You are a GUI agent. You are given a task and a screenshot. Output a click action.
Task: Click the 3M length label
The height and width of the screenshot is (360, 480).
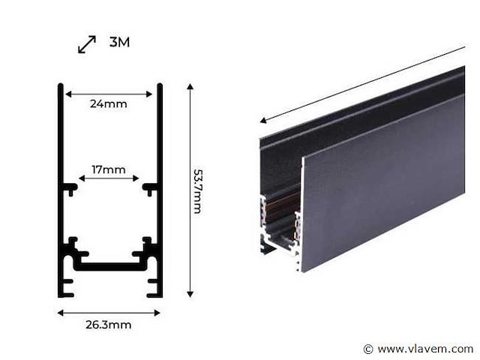(119, 42)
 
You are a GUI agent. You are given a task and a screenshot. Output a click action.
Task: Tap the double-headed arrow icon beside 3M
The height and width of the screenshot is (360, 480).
(87, 44)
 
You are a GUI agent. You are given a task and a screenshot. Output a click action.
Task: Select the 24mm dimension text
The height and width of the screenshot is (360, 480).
(109, 104)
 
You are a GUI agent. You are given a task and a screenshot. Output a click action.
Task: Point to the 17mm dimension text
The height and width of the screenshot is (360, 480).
(109, 169)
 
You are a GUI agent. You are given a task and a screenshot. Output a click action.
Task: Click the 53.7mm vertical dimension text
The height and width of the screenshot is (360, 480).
(196, 190)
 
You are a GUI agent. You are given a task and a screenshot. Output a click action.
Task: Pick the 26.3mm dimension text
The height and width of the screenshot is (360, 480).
(109, 325)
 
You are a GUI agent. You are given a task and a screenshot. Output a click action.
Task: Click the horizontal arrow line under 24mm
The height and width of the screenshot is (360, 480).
(109, 94)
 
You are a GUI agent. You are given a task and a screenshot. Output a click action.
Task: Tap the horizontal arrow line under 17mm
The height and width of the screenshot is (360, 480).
(109, 178)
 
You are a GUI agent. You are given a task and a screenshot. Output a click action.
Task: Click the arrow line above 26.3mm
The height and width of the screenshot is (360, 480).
(109, 312)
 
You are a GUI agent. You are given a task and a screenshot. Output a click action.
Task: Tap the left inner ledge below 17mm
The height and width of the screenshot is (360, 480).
(70, 187)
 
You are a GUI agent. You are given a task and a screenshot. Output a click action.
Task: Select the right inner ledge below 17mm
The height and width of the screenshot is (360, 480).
(149, 187)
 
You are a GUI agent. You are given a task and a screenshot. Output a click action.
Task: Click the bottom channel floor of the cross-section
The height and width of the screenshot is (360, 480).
(109, 265)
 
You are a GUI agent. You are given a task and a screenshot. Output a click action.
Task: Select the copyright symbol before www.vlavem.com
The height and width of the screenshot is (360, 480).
(367, 349)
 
